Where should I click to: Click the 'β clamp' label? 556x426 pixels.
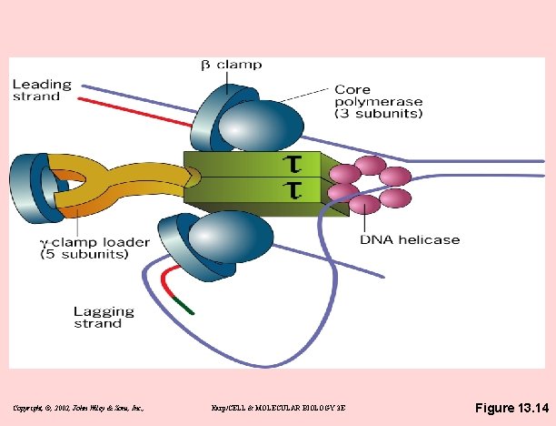point(231,65)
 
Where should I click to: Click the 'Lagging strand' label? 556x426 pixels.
point(104,317)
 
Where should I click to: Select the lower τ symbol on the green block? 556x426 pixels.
point(293,190)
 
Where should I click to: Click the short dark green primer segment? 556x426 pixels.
point(182,306)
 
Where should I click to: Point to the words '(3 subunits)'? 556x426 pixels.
point(379,114)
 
